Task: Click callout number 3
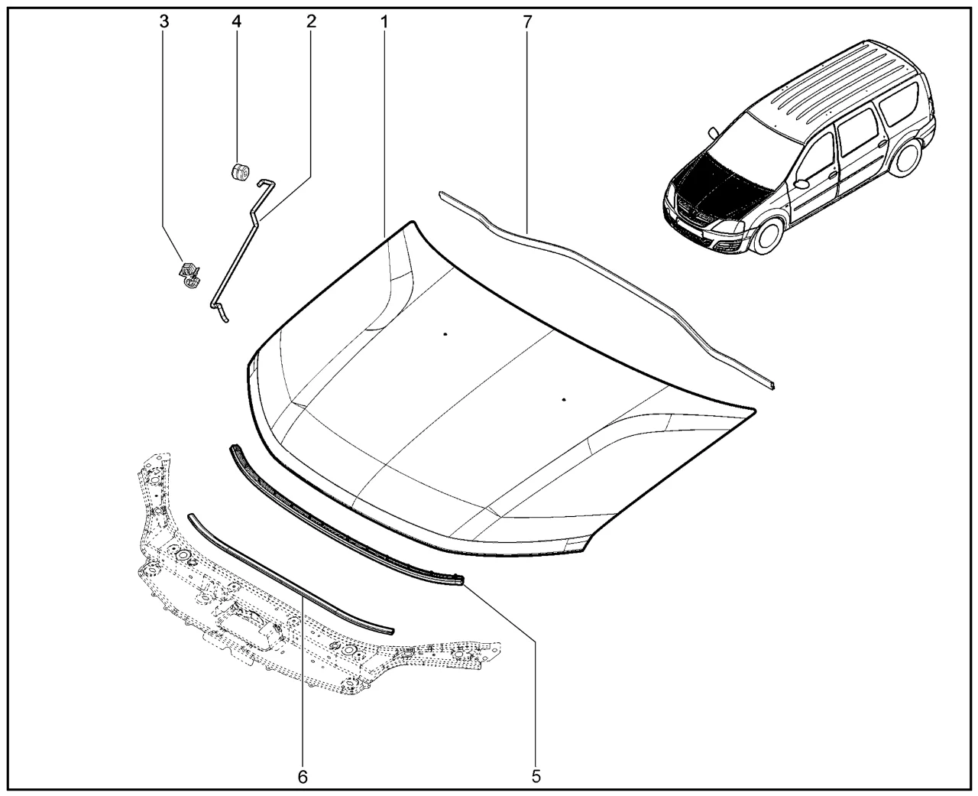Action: [164, 21]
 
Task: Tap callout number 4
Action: [236, 21]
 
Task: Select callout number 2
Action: [311, 21]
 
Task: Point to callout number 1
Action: [384, 21]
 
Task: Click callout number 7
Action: [527, 21]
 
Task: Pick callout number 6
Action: [303, 777]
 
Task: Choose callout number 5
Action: [536, 777]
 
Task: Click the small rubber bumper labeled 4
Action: [240, 172]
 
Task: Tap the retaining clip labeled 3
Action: [189, 275]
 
